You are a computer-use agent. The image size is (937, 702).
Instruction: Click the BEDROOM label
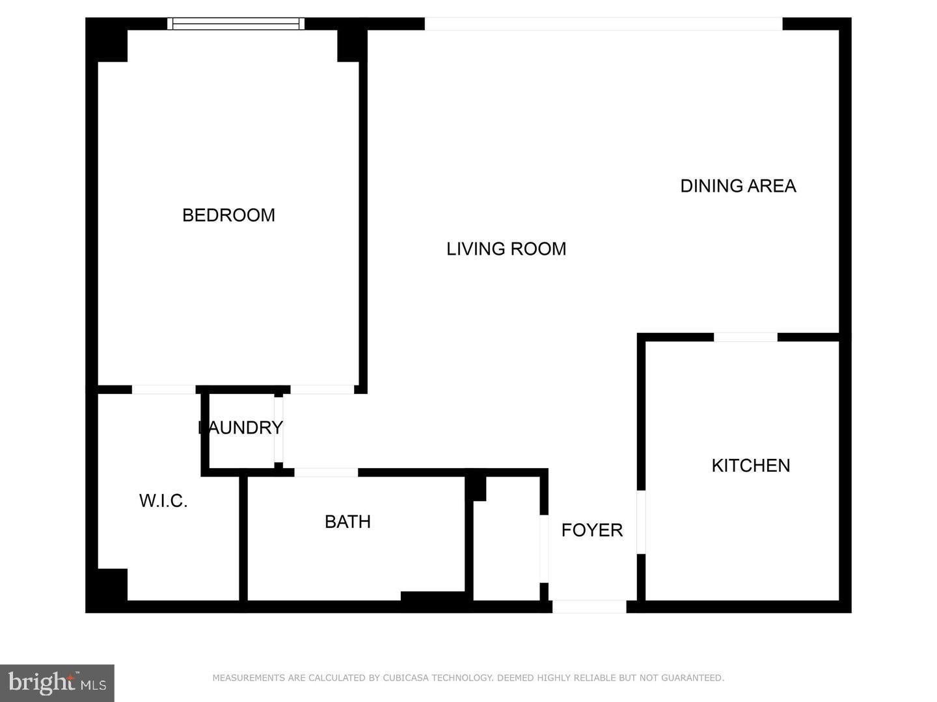tap(228, 215)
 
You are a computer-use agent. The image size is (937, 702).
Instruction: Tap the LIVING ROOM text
tap(506, 249)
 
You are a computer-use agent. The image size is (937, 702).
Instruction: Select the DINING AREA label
tap(738, 186)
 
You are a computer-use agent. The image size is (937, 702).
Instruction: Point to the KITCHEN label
tap(751, 465)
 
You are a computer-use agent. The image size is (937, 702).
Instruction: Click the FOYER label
tap(591, 530)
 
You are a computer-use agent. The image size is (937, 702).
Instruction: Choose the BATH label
tap(347, 522)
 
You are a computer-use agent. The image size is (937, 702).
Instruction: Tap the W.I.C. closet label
tap(163, 500)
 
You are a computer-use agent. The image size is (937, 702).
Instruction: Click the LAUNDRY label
tap(240, 428)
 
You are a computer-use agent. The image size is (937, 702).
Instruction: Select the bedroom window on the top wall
tap(236, 23)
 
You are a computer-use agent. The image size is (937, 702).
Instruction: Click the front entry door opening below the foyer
tap(589, 606)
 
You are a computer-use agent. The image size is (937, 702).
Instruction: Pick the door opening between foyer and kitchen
tap(641, 523)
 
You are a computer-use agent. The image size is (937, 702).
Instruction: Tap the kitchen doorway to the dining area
tap(746, 337)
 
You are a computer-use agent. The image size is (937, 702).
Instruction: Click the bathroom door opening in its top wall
tap(326, 473)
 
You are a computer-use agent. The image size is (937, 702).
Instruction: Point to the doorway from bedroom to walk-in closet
tap(163, 389)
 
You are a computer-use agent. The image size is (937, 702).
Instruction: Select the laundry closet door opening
tap(278, 429)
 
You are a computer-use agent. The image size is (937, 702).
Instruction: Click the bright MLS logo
tap(57, 683)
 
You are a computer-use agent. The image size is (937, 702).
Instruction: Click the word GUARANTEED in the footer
tap(692, 678)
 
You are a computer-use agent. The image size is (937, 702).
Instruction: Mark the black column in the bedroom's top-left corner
tap(107, 40)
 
